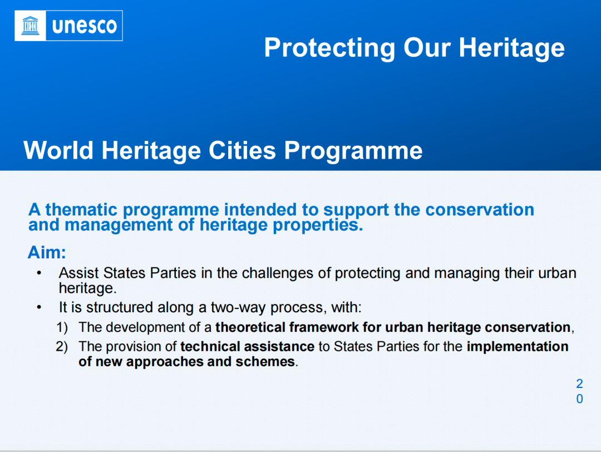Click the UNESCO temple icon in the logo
click(x=30, y=26)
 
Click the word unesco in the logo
click(x=85, y=26)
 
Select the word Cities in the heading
click(x=242, y=150)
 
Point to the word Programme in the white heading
click(x=353, y=151)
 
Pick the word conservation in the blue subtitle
click(x=480, y=210)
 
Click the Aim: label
click(x=47, y=253)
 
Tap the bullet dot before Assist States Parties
click(x=39, y=273)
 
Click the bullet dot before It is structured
click(x=39, y=307)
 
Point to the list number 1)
click(x=62, y=327)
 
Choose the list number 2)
click(x=62, y=347)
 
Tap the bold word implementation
click(x=518, y=347)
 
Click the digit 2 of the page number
click(x=579, y=384)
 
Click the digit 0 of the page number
click(x=579, y=399)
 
